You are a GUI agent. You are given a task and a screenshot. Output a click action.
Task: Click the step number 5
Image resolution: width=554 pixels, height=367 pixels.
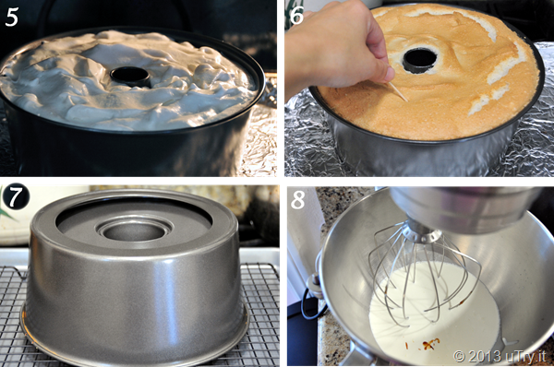(11, 17)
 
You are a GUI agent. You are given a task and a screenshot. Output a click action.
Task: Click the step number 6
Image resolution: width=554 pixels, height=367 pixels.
(296, 16)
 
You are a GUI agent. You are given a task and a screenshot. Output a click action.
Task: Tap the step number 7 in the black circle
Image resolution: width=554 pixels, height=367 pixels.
(15, 197)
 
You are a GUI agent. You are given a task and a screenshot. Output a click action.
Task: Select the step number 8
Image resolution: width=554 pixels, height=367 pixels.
(297, 200)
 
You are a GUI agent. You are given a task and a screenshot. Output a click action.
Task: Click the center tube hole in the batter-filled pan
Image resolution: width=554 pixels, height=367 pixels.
(130, 76)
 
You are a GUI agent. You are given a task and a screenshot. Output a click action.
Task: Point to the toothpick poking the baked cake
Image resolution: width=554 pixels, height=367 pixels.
(399, 91)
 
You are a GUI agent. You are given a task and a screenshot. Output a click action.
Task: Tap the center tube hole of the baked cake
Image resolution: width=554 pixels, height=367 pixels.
(419, 60)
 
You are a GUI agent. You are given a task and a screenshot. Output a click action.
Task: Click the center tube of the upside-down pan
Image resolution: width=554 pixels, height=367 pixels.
(134, 232)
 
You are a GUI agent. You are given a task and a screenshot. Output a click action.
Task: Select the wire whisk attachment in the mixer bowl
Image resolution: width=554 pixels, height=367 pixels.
(424, 272)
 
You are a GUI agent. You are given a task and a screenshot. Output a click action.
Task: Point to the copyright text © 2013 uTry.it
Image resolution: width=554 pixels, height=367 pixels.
(500, 357)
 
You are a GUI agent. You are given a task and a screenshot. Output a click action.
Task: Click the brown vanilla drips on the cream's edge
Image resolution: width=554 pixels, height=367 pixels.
(430, 344)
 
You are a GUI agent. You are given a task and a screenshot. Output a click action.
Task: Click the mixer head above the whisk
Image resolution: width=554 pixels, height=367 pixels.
(466, 205)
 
